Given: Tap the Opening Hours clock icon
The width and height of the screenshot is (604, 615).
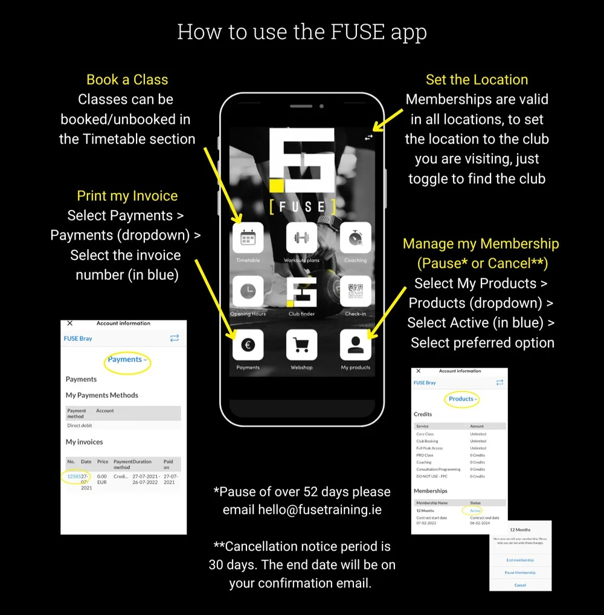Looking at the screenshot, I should point(248,292).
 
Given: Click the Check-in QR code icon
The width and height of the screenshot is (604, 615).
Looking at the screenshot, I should point(355,292).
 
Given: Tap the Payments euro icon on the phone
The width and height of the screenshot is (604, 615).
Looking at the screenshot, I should point(248,345).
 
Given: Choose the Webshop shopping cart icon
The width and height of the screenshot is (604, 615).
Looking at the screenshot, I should point(301,345).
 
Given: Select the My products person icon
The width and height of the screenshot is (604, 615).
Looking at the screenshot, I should point(355,345).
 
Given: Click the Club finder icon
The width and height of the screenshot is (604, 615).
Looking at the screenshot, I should point(301,292).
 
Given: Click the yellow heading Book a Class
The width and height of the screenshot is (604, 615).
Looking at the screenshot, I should point(127,80).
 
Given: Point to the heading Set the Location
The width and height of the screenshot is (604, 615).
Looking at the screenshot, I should point(477,80).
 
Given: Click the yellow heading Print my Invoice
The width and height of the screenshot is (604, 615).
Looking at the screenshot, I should point(127,196).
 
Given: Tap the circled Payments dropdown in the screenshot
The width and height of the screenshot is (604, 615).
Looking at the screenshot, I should point(127,360).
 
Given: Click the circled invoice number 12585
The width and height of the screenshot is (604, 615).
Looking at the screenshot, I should point(74,476).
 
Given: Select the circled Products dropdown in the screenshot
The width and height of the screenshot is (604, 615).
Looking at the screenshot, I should point(463,399).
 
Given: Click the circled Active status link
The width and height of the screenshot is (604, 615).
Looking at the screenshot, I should point(475,511).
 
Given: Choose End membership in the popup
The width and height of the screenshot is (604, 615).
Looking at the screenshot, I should point(519,560).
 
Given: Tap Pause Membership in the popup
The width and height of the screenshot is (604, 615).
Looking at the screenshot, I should point(519,573).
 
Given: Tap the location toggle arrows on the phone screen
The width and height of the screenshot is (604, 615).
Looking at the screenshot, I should point(368,138).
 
